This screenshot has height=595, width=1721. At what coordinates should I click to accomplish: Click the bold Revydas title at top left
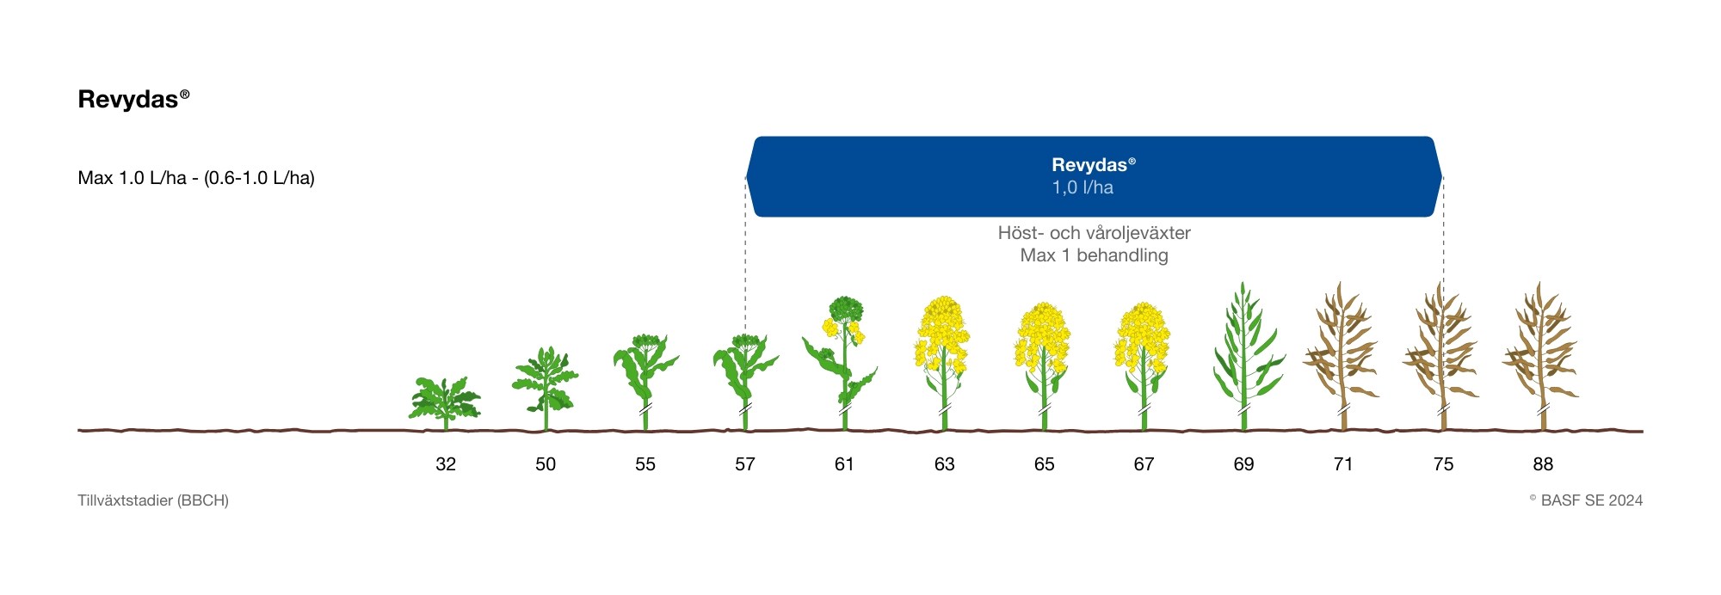tap(133, 99)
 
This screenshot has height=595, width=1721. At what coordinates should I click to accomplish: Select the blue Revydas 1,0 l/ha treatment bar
tap(1094, 176)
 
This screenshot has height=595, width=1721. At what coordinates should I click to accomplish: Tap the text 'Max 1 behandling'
tap(1094, 255)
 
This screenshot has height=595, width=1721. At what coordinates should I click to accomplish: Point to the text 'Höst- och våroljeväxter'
tap(1094, 233)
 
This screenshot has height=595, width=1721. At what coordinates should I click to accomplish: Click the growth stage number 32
tap(446, 464)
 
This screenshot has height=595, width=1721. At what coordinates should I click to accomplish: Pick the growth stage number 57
tap(745, 464)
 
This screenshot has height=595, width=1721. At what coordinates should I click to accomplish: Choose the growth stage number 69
tap(1243, 464)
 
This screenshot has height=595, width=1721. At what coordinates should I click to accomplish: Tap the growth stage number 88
tap(1543, 464)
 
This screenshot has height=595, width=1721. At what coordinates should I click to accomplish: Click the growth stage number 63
tap(944, 464)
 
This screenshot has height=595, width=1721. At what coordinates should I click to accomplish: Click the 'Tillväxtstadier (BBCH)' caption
tap(153, 500)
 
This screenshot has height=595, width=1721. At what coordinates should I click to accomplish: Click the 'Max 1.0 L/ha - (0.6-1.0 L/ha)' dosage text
tap(196, 178)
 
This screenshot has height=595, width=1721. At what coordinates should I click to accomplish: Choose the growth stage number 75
tap(1443, 464)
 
